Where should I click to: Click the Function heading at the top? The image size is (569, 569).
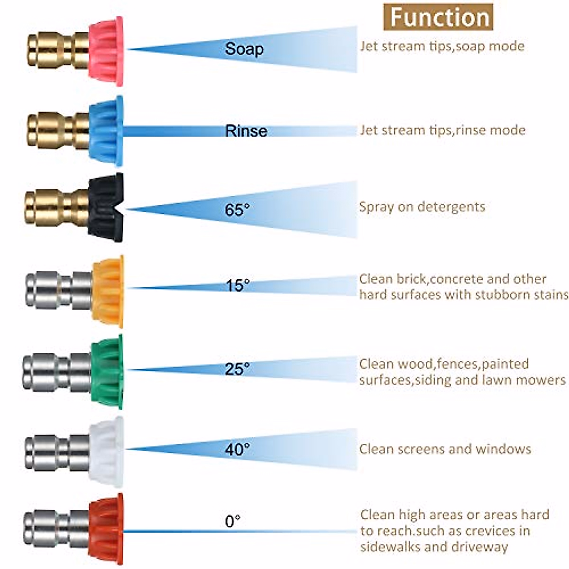tap(439, 17)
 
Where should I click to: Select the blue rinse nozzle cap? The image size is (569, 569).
tap(107, 131)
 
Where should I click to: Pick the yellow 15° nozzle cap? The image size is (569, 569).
tap(108, 291)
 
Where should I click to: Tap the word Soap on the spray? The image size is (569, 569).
tap(244, 49)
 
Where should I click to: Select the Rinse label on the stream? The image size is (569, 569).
tap(246, 131)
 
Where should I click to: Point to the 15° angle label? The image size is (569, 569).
tap(237, 286)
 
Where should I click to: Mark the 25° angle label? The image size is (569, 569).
tap(237, 368)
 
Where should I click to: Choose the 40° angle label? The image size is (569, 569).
tap(237, 449)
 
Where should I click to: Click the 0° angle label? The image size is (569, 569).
tap(232, 522)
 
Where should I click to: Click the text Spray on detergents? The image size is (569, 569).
tap(422, 207)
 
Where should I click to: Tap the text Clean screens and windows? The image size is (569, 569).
tap(445, 449)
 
